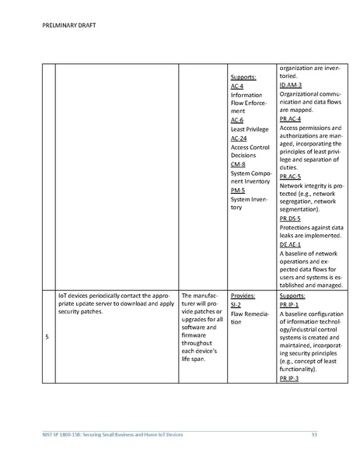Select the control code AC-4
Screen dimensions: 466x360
[x=237, y=86]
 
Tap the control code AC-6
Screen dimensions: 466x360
[x=237, y=121]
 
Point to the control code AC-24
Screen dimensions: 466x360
[x=239, y=138]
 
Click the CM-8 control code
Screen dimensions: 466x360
[x=238, y=164]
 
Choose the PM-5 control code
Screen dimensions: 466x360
[x=238, y=190]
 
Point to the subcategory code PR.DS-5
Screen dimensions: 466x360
[x=290, y=219]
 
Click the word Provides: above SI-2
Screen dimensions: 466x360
[x=243, y=296]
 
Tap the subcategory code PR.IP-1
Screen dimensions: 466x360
[x=289, y=305]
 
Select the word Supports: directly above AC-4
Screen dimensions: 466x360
[x=244, y=78]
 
